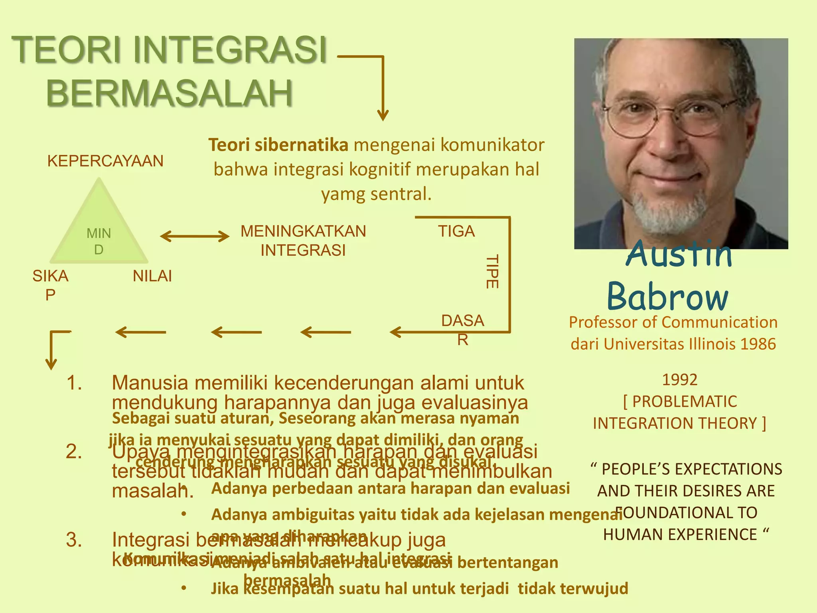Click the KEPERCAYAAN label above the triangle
point(105,161)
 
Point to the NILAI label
point(152,276)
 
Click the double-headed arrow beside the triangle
point(195,236)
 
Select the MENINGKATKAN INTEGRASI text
point(303,241)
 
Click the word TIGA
point(456,231)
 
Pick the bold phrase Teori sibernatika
point(278,145)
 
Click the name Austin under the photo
point(679,255)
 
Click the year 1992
point(680,380)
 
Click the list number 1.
point(74,383)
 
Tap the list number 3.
point(74,540)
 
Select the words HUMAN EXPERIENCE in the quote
point(680,534)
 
